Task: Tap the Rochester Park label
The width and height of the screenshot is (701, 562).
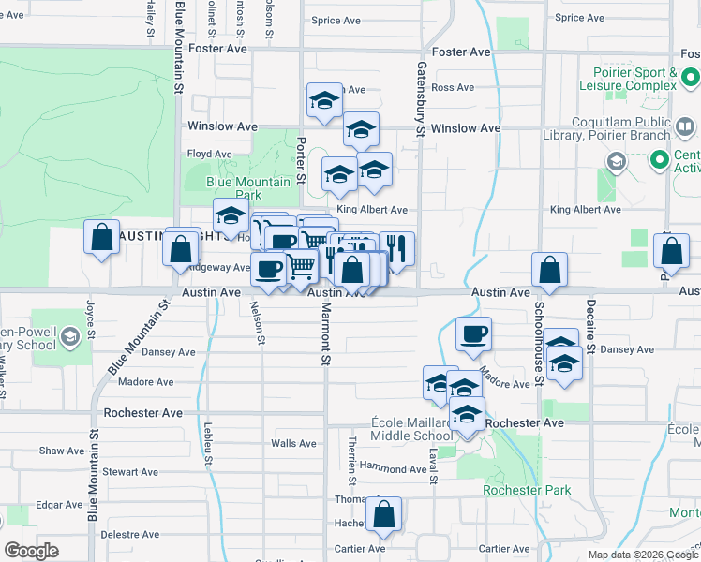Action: [514, 490]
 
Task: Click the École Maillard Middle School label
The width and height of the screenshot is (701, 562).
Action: [411, 429]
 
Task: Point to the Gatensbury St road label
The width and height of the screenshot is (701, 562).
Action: [421, 97]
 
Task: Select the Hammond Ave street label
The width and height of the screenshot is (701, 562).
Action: [393, 468]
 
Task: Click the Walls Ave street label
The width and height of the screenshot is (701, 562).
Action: [293, 444]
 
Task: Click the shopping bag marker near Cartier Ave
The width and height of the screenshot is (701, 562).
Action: [383, 515]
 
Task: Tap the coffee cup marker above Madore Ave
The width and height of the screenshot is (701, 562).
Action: [474, 334]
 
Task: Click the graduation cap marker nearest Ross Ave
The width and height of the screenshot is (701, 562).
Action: [324, 102]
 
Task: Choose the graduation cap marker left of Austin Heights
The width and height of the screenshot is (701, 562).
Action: [230, 217]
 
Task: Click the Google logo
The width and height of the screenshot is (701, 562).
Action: [31, 551]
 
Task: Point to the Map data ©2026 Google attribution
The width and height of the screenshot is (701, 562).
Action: [643, 555]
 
